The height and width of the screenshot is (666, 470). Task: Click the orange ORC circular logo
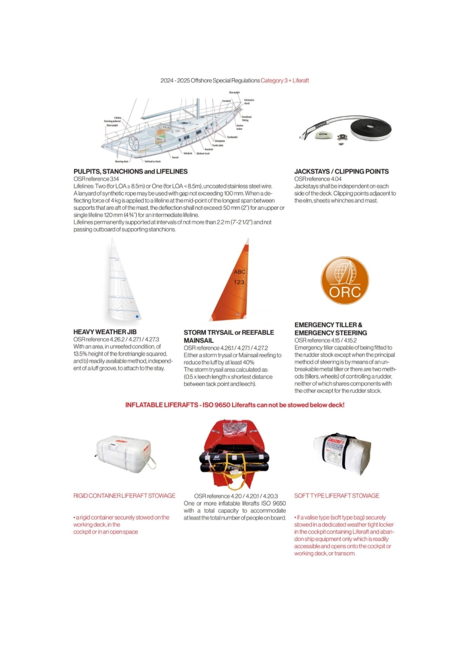pos(344,281)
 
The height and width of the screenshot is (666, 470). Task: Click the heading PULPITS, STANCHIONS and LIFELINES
pos(130,171)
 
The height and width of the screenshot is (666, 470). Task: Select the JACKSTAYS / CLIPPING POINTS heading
pos(342,171)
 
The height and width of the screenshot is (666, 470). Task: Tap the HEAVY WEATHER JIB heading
pos(105,332)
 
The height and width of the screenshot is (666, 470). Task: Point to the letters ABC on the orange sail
pos(239,272)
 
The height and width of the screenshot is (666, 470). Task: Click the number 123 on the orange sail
pos(239,282)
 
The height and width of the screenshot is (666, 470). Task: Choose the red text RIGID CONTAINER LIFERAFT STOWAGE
pos(124,495)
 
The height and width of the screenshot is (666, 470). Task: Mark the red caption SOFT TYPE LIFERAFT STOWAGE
pos(337,495)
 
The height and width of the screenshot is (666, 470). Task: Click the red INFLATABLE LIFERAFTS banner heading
pos(234,405)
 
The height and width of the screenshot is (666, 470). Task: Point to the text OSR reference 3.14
pos(96,178)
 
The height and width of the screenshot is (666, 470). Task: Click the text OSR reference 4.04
pos(318,178)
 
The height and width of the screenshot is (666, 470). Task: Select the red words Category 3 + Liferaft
pos(285,80)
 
